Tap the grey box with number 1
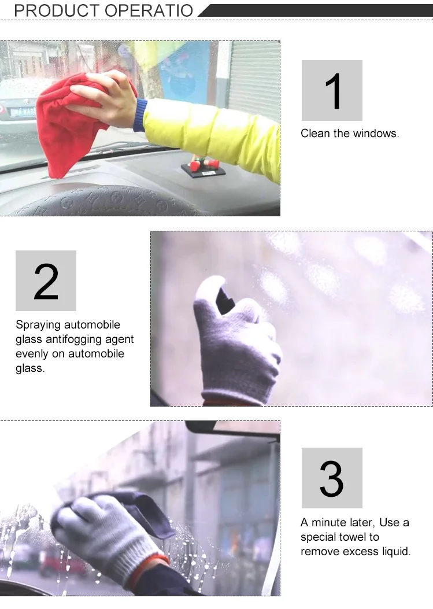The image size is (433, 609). [x=332, y=90]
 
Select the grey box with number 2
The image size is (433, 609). [x=46, y=280]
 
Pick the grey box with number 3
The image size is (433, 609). [x=332, y=478]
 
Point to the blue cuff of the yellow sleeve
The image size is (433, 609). [x=140, y=115]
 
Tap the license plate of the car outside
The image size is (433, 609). [x=23, y=112]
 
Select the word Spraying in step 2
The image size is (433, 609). [x=38, y=325]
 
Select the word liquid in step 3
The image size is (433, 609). [x=396, y=552]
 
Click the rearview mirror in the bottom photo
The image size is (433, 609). [x=233, y=428]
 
